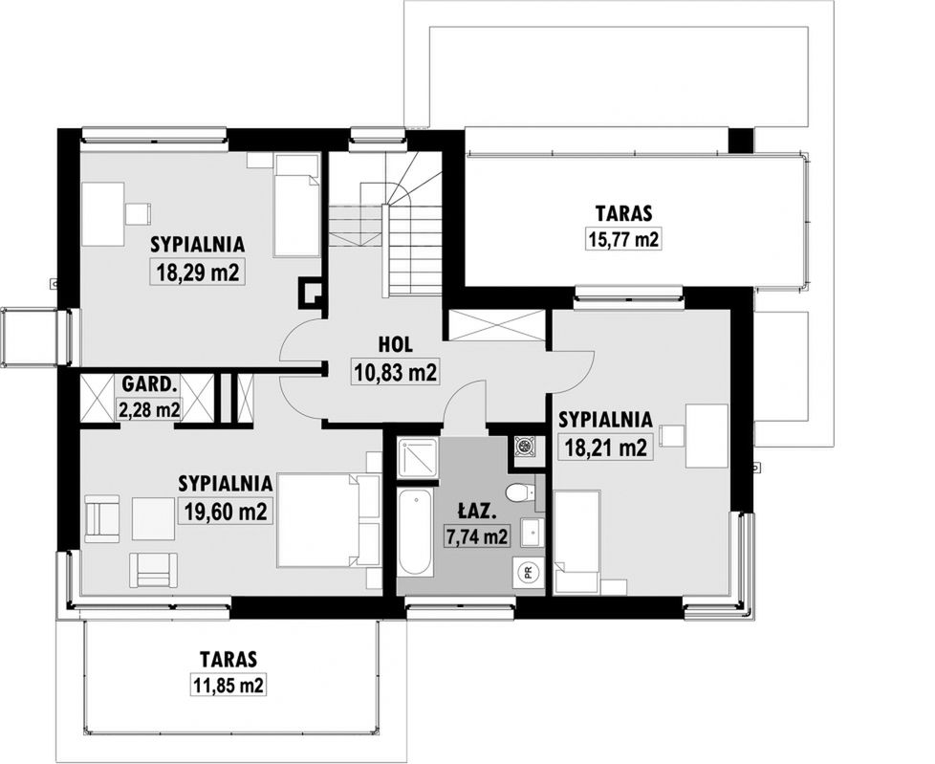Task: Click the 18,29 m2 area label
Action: [198, 273]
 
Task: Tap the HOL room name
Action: [396, 345]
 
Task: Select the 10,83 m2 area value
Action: [396, 373]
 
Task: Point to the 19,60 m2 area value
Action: [226, 512]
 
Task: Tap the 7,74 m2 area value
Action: [476, 536]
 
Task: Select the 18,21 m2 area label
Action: [605, 447]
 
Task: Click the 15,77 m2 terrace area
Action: [623, 240]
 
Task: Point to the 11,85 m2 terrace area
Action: [228, 686]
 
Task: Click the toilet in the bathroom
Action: [520, 492]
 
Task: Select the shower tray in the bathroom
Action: [418, 457]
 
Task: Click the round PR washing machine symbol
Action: [528, 573]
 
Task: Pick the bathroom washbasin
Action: [532, 532]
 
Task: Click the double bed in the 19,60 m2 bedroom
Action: [329, 519]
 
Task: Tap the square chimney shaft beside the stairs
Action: [312, 294]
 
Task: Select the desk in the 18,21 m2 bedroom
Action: [707, 435]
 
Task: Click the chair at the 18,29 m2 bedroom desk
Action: [138, 214]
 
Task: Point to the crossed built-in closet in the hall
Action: [497, 326]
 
